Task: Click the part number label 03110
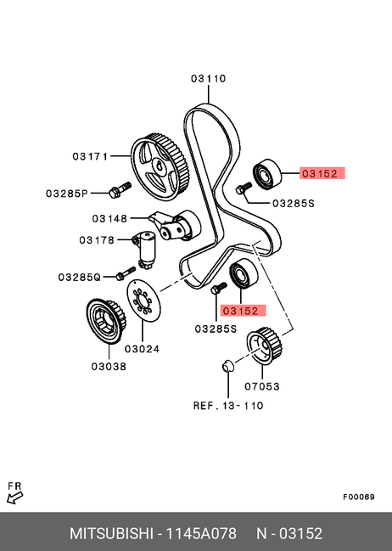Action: point(208,78)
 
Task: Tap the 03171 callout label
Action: point(90,156)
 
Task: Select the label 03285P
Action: point(67,194)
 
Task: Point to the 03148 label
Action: point(109,218)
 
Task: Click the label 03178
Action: point(97,240)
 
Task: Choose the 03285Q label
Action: point(80,278)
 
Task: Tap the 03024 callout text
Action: point(142,349)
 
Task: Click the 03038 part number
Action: point(109,367)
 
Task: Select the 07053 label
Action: point(262,386)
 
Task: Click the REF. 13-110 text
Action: point(228,406)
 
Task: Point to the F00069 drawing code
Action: point(359,497)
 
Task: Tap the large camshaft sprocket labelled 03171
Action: point(160,167)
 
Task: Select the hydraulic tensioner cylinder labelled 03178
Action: point(145,249)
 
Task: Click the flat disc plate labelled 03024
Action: point(143,301)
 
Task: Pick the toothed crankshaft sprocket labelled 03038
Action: point(105,322)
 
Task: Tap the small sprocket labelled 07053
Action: point(265,346)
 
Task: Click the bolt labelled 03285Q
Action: point(126,273)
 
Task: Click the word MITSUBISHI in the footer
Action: point(111,533)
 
